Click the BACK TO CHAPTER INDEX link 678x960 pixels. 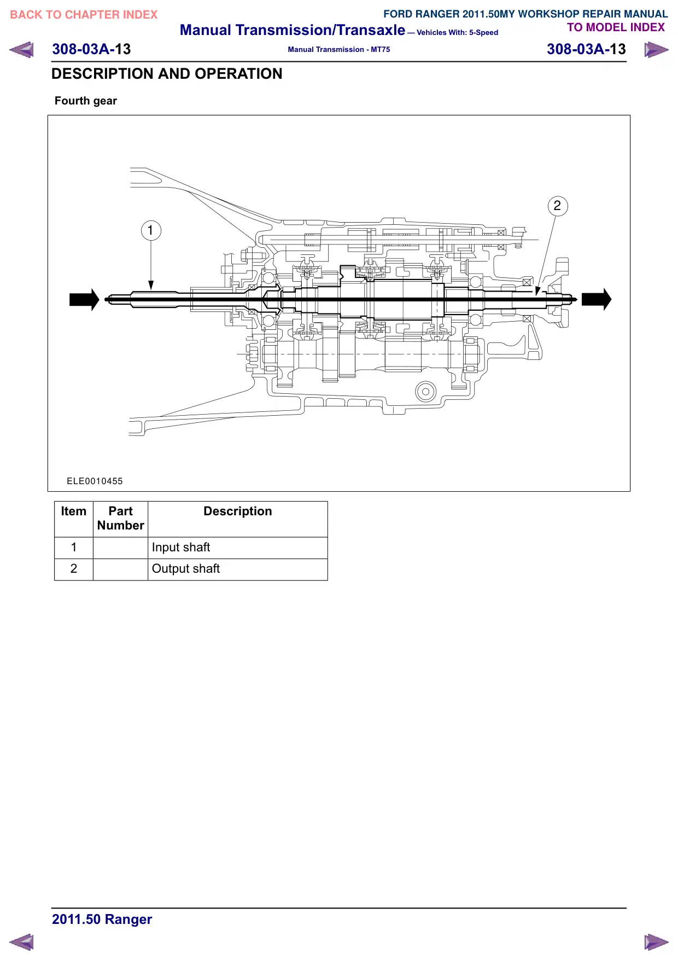[84, 15]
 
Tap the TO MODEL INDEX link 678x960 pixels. [616, 27]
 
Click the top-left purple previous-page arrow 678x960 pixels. [21, 50]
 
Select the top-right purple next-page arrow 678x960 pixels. [656, 50]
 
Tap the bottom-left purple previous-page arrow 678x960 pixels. [21, 942]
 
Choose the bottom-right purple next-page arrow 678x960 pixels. [656, 942]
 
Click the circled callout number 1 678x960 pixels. [151, 230]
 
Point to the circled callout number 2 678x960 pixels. [558, 206]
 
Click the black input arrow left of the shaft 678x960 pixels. [84, 299]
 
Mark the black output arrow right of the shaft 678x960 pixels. [597, 299]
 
